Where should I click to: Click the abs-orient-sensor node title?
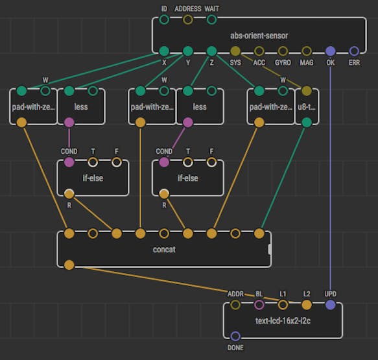pyautogui.click(x=259, y=36)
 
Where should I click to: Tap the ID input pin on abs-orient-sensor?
pyautogui.click(x=164, y=19)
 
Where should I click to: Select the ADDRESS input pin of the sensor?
pyautogui.click(x=188, y=19)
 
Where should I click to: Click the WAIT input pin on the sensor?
pyautogui.click(x=211, y=19)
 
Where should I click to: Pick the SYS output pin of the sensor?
pyautogui.click(x=235, y=51)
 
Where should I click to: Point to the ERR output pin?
pyautogui.click(x=354, y=51)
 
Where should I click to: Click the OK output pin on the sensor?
pyautogui.click(x=330, y=51)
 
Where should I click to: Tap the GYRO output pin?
pyautogui.click(x=283, y=51)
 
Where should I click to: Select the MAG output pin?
pyautogui.click(x=307, y=51)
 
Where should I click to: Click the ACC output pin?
pyautogui.click(x=259, y=51)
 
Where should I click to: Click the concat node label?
pyautogui.click(x=164, y=249)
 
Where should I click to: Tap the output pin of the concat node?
pyautogui.click(x=69, y=265)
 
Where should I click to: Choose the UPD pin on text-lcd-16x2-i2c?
pyautogui.click(x=330, y=305)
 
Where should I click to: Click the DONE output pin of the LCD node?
pyautogui.click(x=235, y=336)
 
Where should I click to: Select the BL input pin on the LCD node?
pyautogui.click(x=259, y=305)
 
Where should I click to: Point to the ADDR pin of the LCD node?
pyautogui.click(x=235, y=305)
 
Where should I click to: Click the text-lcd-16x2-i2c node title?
pyautogui.click(x=283, y=320)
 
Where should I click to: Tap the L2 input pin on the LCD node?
pyautogui.click(x=307, y=305)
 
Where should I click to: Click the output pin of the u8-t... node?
pyautogui.click(x=307, y=123)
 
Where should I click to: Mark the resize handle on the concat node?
pyautogui.click(x=270, y=249)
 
